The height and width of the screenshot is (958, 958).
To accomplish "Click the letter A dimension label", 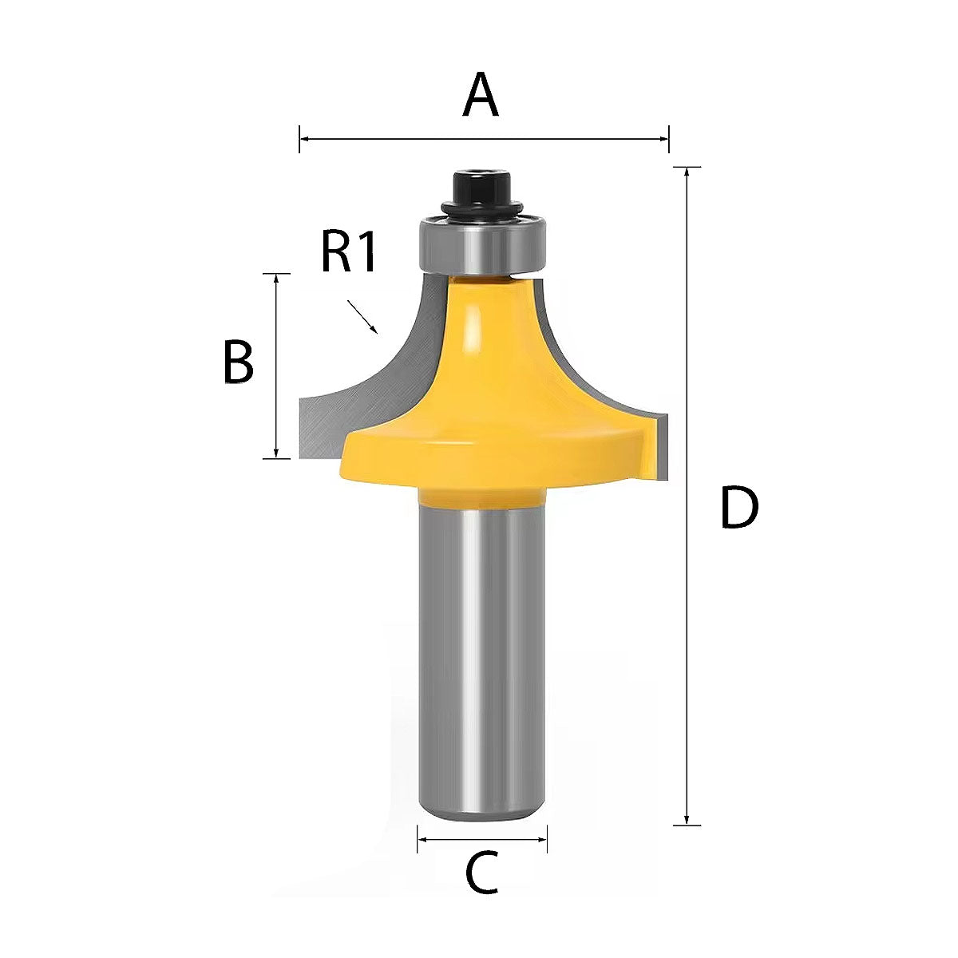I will [x=481, y=95].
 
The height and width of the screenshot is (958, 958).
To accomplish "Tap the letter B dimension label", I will [x=238, y=362].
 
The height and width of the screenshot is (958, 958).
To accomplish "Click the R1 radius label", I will [x=348, y=251].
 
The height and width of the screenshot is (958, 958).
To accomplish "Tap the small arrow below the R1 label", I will [x=363, y=316].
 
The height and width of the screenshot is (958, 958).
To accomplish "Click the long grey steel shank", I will [x=483, y=655].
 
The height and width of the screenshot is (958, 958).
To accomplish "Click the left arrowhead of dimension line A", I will [x=303, y=139].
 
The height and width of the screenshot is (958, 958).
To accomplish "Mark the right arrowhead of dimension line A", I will [x=664, y=139].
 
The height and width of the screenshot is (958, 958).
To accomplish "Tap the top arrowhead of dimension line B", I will [x=276, y=278].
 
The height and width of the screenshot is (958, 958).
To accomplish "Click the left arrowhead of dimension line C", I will [x=422, y=839].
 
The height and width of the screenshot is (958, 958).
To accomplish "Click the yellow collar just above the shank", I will [x=482, y=497].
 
